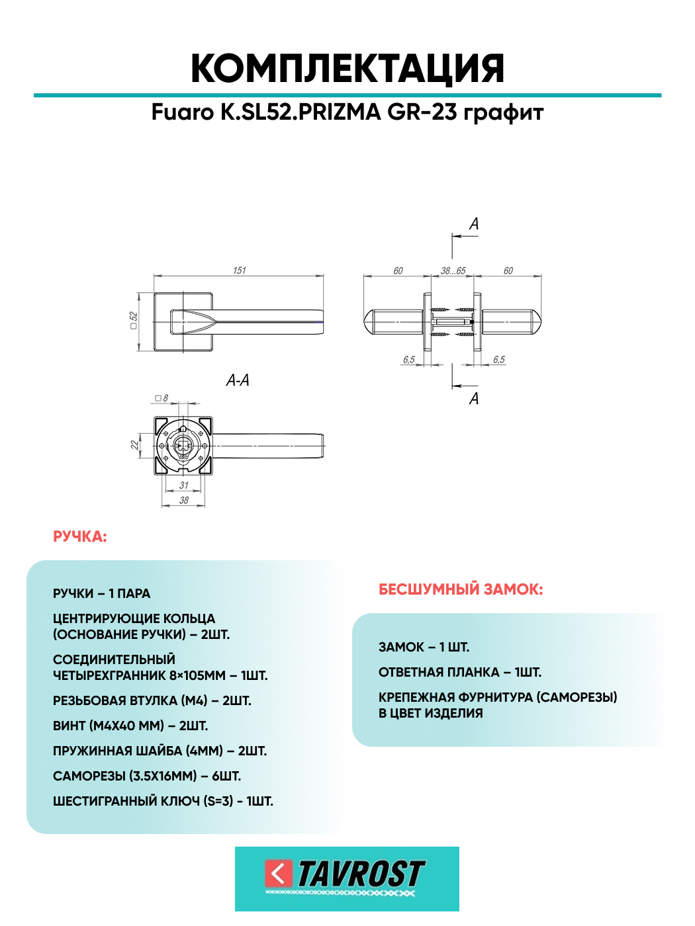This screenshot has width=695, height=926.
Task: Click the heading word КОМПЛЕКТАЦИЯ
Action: click(x=347, y=68)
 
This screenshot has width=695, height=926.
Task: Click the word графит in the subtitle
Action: click(x=503, y=112)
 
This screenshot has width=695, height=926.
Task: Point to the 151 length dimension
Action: click(x=239, y=271)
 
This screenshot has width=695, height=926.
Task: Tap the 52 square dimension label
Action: click(x=134, y=321)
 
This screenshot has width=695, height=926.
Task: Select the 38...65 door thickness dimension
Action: click(x=453, y=271)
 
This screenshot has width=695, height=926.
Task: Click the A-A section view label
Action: click(x=238, y=380)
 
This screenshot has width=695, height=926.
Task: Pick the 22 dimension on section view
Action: click(x=135, y=445)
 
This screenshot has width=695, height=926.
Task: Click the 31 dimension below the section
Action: click(x=184, y=485)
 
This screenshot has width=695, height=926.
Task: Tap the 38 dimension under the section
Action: click(x=184, y=501)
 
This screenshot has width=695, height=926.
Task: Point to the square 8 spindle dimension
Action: click(x=162, y=398)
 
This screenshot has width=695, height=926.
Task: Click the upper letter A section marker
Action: click(x=474, y=224)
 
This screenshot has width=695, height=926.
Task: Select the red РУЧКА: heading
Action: click(x=80, y=536)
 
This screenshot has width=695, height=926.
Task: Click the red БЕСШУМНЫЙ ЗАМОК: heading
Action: click(x=461, y=589)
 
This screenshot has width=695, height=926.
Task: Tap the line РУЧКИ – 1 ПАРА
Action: click(x=102, y=593)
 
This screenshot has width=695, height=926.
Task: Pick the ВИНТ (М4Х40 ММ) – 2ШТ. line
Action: click(x=130, y=726)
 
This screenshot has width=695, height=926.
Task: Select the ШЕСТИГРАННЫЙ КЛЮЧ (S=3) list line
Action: click(x=163, y=801)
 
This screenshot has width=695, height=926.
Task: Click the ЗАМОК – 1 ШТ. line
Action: click(x=424, y=647)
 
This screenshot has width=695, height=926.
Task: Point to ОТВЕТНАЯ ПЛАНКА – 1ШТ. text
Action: click(x=460, y=672)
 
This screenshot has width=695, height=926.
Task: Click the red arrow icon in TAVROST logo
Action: click(x=279, y=874)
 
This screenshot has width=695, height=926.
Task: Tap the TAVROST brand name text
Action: click(x=360, y=874)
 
